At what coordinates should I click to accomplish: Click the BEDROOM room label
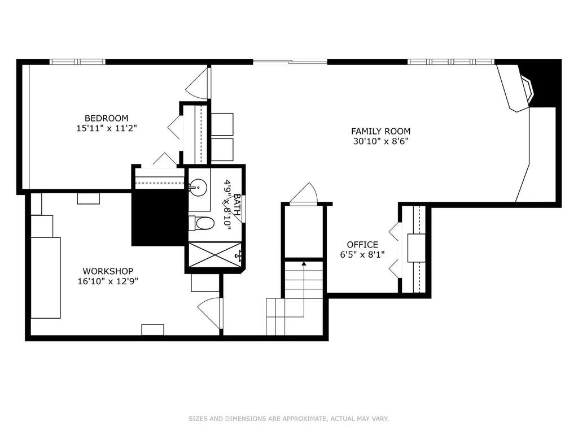(107, 118)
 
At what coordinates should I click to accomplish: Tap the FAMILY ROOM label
(381, 131)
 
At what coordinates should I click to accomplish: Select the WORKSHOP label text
(108, 271)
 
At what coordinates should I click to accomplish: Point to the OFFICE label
(362, 245)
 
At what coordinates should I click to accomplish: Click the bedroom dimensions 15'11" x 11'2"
(107, 128)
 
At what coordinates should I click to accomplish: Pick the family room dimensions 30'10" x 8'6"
(381, 141)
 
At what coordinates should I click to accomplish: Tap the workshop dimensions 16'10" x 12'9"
(108, 281)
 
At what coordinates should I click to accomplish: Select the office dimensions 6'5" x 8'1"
(362, 255)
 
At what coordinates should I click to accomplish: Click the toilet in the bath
(202, 223)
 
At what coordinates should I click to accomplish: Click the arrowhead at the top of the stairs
(304, 263)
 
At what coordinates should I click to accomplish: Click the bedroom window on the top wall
(78, 62)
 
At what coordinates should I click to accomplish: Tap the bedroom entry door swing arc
(198, 84)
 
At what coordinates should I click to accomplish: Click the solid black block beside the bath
(159, 218)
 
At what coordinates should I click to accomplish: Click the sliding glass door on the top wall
(290, 62)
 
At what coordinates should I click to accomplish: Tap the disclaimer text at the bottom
(289, 419)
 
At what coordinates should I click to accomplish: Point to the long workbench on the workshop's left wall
(45, 277)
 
